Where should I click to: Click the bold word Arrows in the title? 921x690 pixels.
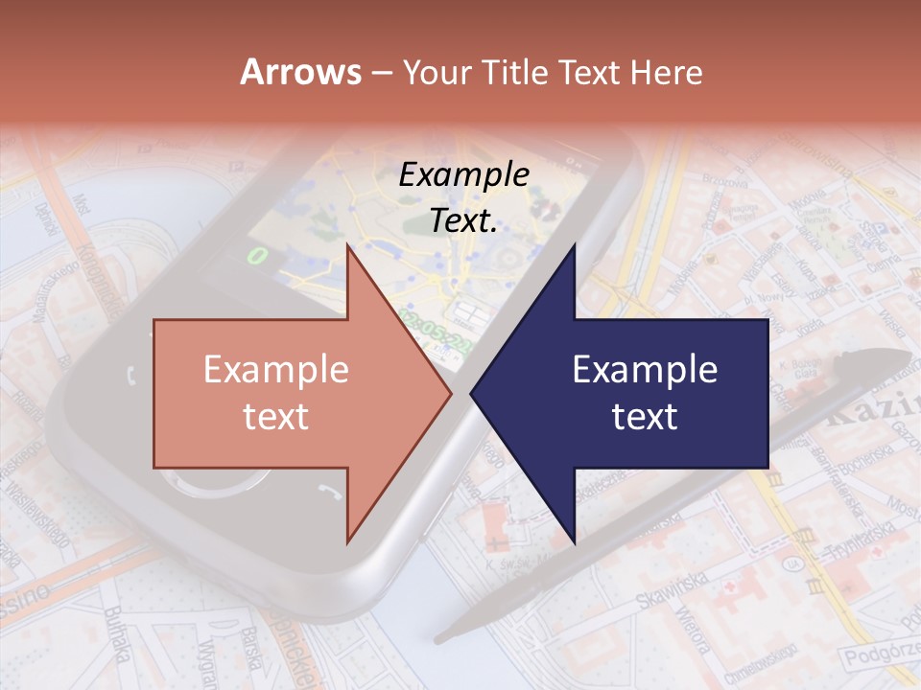click(x=300, y=72)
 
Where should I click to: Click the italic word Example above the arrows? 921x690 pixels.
click(x=463, y=175)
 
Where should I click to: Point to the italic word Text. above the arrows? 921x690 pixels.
click(x=463, y=220)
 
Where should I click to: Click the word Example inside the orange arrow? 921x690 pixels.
click(x=276, y=370)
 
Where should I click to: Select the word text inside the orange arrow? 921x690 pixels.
click(x=276, y=417)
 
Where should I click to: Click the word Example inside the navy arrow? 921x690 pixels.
click(x=645, y=370)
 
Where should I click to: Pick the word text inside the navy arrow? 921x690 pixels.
click(x=645, y=417)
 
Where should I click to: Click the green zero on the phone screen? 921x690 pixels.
click(x=256, y=255)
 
